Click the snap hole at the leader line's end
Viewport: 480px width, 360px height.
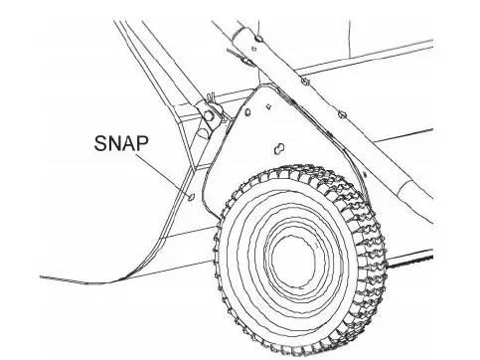(x=189, y=197)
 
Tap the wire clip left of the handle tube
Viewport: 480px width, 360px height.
(x=242, y=59)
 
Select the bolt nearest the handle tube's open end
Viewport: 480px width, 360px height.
(x=257, y=38)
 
